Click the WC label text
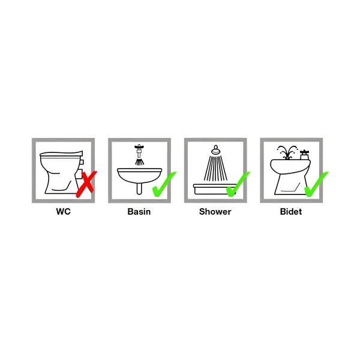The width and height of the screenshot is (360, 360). pyautogui.click(x=64, y=211)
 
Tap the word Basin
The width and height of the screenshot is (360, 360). pyautogui.click(x=139, y=211)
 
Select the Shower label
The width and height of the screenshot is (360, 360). pyautogui.click(x=215, y=211)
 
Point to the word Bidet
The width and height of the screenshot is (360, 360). pyautogui.click(x=291, y=211)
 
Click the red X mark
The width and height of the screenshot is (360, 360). pyautogui.click(x=86, y=184)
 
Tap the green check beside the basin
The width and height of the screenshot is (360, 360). pyautogui.click(x=164, y=184)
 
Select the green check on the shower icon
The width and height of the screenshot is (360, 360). pyautogui.click(x=238, y=184)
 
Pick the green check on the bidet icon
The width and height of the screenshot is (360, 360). pyautogui.click(x=316, y=184)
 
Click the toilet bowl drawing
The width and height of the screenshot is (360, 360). pyautogui.click(x=60, y=175)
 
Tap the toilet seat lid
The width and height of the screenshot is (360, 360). pyautogui.click(x=61, y=154)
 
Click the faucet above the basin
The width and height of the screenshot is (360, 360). pyautogui.click(x=139, y=150)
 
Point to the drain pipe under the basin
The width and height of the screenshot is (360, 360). pyautogui.click(x=139, y=188)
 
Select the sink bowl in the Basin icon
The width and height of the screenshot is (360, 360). pyautogui.click(x=139, y=176)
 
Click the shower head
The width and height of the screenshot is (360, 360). pyautogui.click(x=216, y=151)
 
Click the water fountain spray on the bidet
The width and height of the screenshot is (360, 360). pyautogui.click(x=287, y=152)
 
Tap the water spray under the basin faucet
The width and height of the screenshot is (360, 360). pyautogui.click(x=139, y=161)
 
